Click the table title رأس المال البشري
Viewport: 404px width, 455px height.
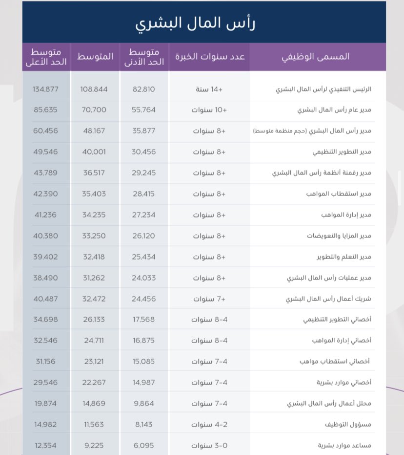tap(202, 23)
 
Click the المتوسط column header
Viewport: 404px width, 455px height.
tap(95, 57)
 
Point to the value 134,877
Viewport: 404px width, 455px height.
tap(45, 89)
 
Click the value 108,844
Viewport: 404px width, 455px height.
tap(94, 89)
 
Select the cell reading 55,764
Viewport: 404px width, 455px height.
tap(144, 110)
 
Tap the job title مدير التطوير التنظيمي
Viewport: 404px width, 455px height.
tap(342, 152)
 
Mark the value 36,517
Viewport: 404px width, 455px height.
tap(94, 173)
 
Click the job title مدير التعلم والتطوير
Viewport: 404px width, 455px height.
tap(342, 257)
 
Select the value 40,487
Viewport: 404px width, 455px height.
tap(45, 298)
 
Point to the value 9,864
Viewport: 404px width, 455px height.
tap(144, 403)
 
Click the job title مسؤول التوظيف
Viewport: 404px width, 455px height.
tap(348, 424)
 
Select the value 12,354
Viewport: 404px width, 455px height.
tap(45, 445)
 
